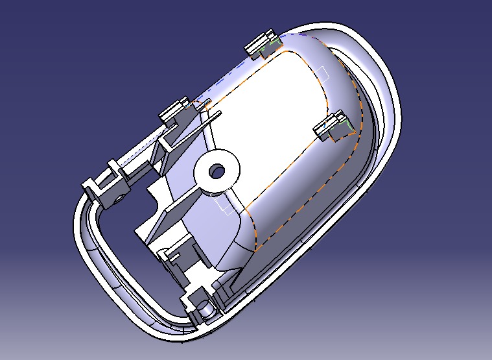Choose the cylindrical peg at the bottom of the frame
(x=205, y=311)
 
